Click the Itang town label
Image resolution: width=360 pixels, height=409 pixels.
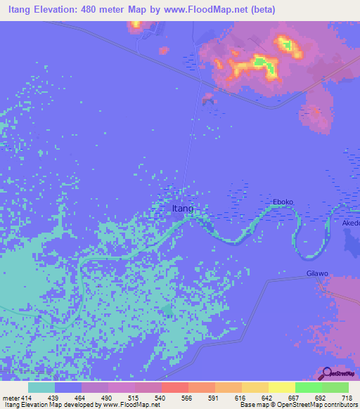pos(182,209)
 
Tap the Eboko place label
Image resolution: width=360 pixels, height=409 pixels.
pos(283,202)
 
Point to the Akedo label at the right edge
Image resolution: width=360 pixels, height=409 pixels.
pos(350,223)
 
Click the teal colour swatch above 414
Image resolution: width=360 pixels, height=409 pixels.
pos(41,387)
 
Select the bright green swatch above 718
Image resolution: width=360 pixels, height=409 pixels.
pos(335,387)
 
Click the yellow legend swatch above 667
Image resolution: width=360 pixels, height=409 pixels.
pos(281,387)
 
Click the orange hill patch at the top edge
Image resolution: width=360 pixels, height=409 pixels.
pos(135,25)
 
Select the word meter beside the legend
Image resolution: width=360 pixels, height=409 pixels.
pos(11,397)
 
